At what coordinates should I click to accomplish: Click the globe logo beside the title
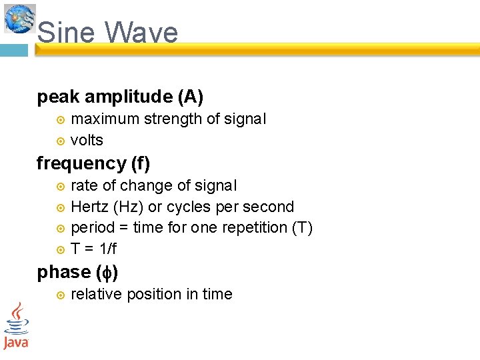(19, 18)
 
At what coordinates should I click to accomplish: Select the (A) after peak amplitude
(190, 97)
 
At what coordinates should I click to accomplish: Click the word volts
(87, 140)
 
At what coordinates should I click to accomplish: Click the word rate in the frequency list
(83, 185)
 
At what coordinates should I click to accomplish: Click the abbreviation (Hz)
(131, 207)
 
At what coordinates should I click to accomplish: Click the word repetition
(255, 227)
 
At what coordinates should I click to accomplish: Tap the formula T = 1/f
(93, 249)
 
